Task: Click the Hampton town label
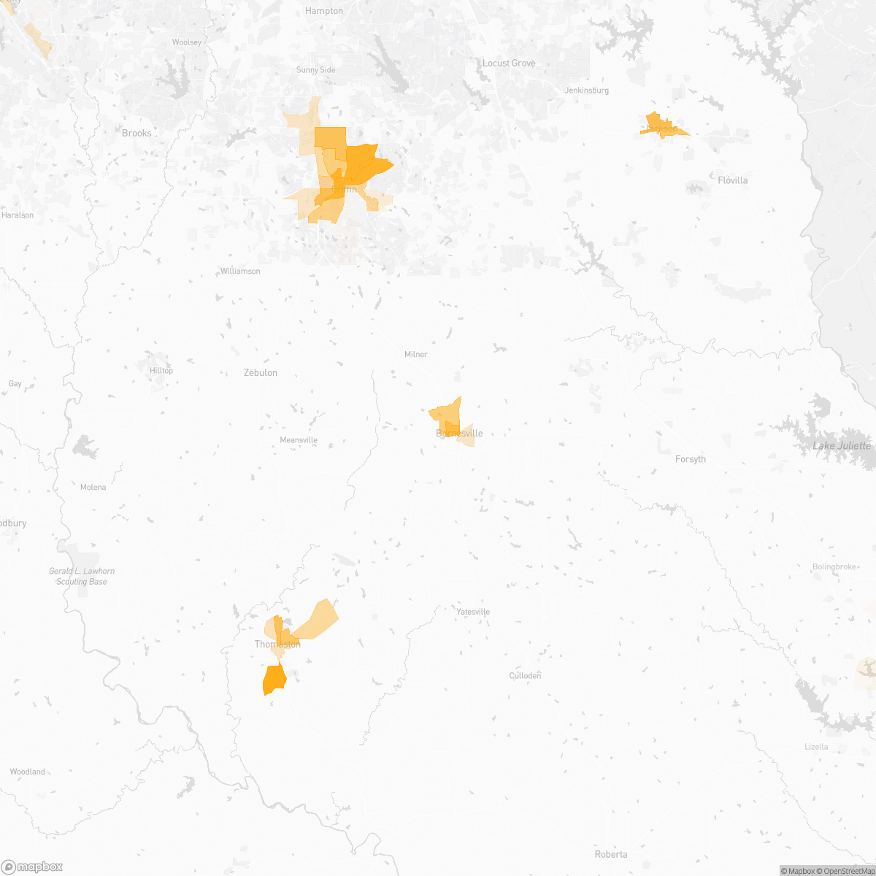coord(324,11)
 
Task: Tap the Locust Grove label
coord(509,64)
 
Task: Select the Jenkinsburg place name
coord(587,91)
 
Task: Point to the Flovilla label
coord(732,180)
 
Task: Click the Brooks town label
coord(137,133)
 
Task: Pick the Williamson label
coord(240,272)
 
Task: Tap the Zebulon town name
coord(260,373)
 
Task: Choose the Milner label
coord(415,355)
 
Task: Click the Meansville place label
coord(299,440)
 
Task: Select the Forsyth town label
coord(691,459)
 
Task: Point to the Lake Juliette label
coord(842,446)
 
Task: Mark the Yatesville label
coord(473,612)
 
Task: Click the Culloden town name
coord(525,676)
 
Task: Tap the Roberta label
coord(611,854)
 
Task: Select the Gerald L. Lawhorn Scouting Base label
coord(82,577)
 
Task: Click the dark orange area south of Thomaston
coord(274,680)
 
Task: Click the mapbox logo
coord(32,867)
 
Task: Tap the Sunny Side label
coord(315,70)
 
